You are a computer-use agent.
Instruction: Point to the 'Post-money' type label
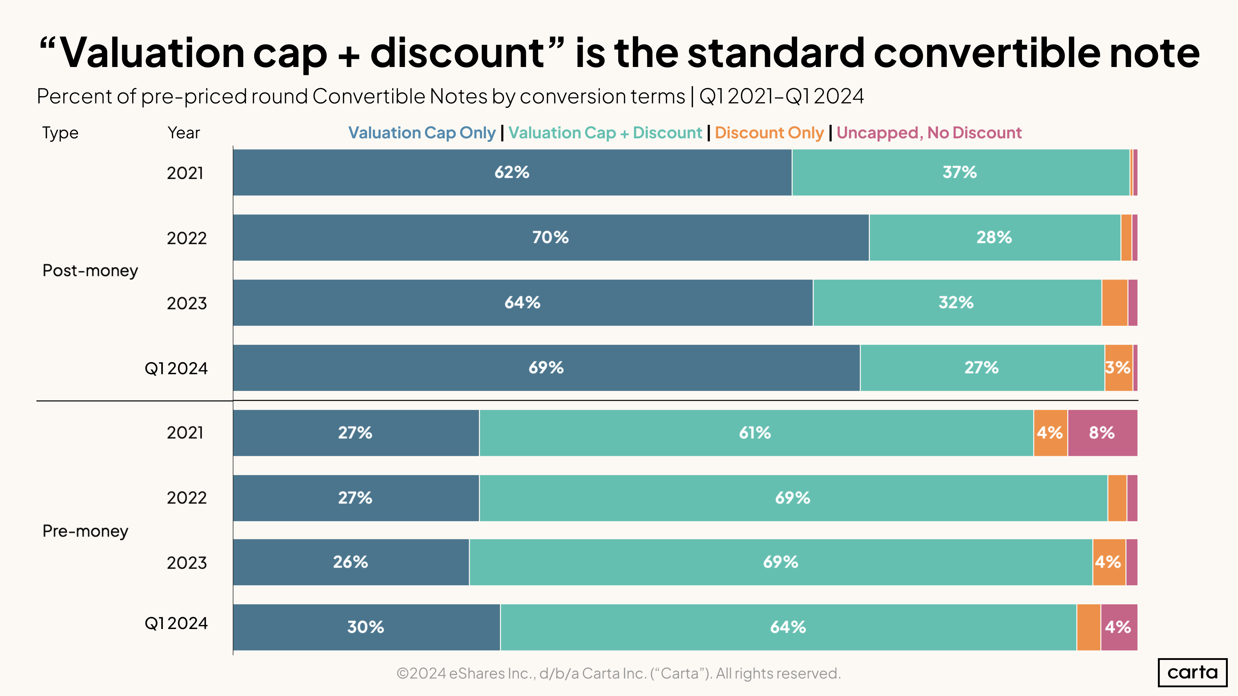pos(90,270)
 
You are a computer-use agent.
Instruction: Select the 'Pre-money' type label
pos(86,531)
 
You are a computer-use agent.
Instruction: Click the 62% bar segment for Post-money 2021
pos(512,173)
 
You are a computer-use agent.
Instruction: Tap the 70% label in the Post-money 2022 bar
pos(550,237)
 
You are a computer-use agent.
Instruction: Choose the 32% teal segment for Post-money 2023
pos(957,302)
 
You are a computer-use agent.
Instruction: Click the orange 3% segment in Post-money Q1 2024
pos(1118,368)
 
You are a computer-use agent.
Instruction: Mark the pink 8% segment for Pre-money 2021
pos(1102,433)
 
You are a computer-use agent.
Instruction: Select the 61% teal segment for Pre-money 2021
pos(755,433)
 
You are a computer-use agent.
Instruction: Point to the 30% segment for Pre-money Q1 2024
pos(366,627)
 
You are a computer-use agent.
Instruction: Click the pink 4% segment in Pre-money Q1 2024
pos(1118,627)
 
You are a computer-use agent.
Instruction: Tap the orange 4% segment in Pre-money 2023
pos(1109,562)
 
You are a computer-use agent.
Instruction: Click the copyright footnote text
pos(619,673)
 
